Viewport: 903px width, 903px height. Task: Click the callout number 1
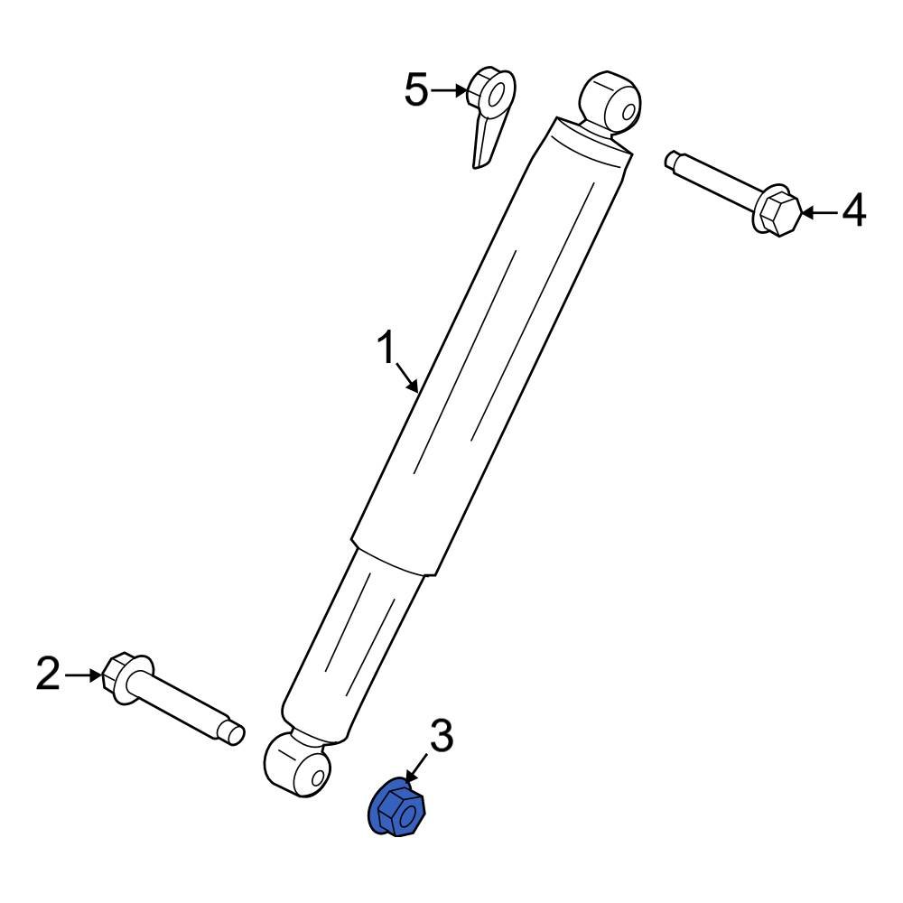[x=386, y=348]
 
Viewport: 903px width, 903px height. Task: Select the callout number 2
[x=49, y=674]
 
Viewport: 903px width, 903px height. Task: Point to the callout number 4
[x=853, y=211]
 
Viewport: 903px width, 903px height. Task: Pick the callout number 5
[x=416, y=89]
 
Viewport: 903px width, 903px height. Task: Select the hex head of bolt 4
[x=778, y=214]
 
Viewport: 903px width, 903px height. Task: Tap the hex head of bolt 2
[x=119, y=675]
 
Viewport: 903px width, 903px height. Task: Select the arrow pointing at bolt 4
[x=819, y=212]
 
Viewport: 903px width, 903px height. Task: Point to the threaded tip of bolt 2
[x=234, y=732]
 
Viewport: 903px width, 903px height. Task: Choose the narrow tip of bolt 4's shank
[x=674, y=161]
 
